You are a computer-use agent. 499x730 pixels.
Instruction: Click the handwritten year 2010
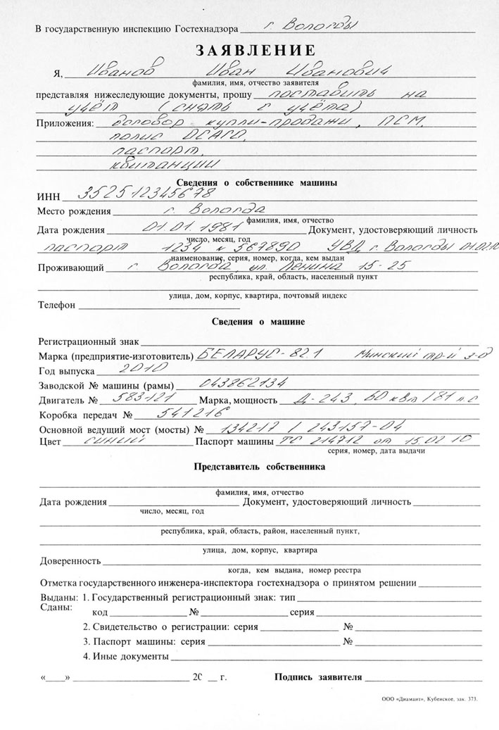point(139,369)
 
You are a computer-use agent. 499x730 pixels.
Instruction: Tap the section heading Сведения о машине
point(258,322)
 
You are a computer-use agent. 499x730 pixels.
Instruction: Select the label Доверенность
point(70,562)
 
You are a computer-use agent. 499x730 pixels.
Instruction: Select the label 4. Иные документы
point(126,657)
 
